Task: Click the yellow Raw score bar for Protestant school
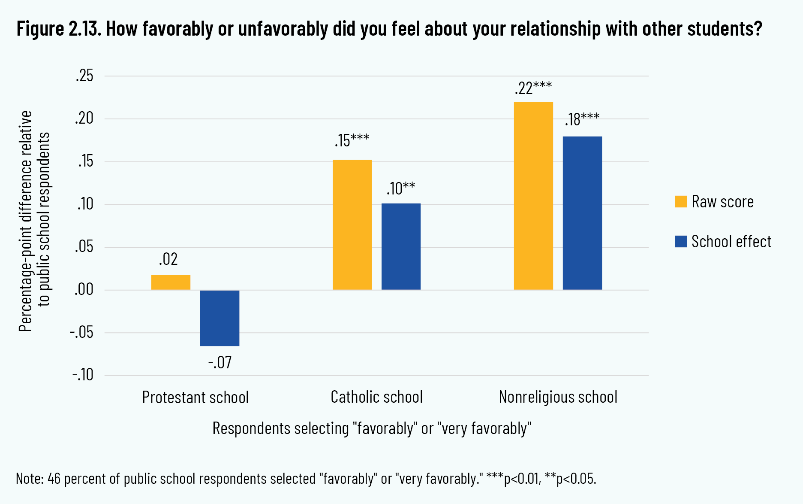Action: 171,282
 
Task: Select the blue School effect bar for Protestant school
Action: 220,318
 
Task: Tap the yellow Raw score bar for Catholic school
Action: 352,225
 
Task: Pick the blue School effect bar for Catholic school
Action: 401,246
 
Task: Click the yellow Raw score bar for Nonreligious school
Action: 533,196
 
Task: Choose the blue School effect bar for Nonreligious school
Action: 582,213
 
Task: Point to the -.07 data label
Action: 220,363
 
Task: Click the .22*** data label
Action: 533,88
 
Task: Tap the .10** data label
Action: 401,188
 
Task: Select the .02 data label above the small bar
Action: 168,259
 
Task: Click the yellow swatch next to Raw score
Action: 681,201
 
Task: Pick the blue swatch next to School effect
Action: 681,241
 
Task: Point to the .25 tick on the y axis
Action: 84,76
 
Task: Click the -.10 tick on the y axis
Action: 83,375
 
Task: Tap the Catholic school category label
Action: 376,397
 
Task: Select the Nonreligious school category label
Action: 558,397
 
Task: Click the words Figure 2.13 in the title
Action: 58,29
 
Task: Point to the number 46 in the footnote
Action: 54,478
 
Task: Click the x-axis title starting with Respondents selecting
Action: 372,428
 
